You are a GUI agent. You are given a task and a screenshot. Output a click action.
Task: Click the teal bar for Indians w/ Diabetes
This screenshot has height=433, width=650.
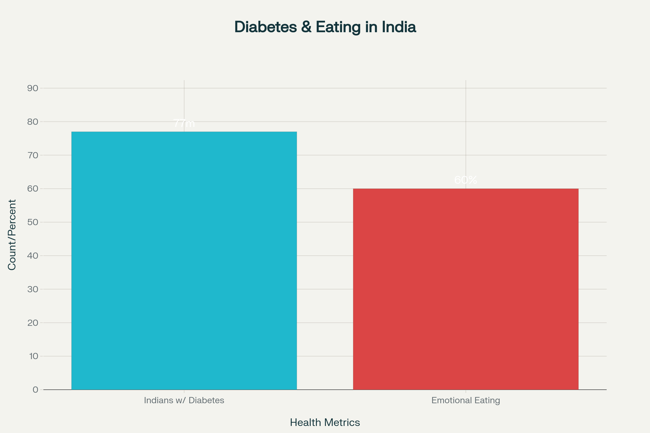(x=184, y=260)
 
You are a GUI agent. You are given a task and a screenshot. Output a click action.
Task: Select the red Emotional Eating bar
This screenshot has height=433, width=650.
(x=466, y=289)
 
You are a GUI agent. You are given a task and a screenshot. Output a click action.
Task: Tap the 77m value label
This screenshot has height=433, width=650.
(x=184, y=123)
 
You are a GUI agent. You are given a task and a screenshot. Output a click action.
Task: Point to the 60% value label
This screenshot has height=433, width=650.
(x=466, y=180)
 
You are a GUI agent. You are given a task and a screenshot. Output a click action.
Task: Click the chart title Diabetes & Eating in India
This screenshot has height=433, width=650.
(x=325, y=27)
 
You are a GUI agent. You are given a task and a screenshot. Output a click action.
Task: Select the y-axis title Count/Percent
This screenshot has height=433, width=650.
(x=12, y=235)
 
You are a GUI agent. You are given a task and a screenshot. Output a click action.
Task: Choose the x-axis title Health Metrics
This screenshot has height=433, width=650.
(x=325, y=422)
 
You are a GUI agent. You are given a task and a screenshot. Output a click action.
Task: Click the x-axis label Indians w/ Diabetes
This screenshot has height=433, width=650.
(x=184, y=400)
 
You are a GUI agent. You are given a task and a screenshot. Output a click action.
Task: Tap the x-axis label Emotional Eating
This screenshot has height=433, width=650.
(x=466, y=400)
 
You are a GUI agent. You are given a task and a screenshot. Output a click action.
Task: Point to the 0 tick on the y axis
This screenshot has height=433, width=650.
(x=35, y=390)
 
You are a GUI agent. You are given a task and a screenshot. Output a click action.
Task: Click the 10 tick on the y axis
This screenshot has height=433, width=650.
(x=33, y=356)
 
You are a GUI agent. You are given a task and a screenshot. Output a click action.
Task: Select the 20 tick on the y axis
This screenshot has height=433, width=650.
(x=32, y=323)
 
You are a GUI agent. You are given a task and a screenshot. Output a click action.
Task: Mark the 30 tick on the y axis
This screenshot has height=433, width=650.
(x=32, y=289)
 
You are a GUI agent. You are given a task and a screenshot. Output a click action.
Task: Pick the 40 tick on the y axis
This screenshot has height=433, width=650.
(x=32, y=256)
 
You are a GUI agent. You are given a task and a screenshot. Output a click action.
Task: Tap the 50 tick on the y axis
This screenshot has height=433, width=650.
(x=32, y=222)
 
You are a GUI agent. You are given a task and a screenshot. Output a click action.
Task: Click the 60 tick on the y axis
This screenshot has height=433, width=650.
(x=32, y=189)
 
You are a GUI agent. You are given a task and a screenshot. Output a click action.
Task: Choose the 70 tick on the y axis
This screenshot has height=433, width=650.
(x=32, y=155)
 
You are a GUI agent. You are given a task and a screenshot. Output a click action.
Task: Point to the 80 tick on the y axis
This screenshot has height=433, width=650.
(x=32, y=122)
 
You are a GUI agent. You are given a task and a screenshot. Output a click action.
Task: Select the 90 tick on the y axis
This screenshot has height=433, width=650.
(x=32, y=88)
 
